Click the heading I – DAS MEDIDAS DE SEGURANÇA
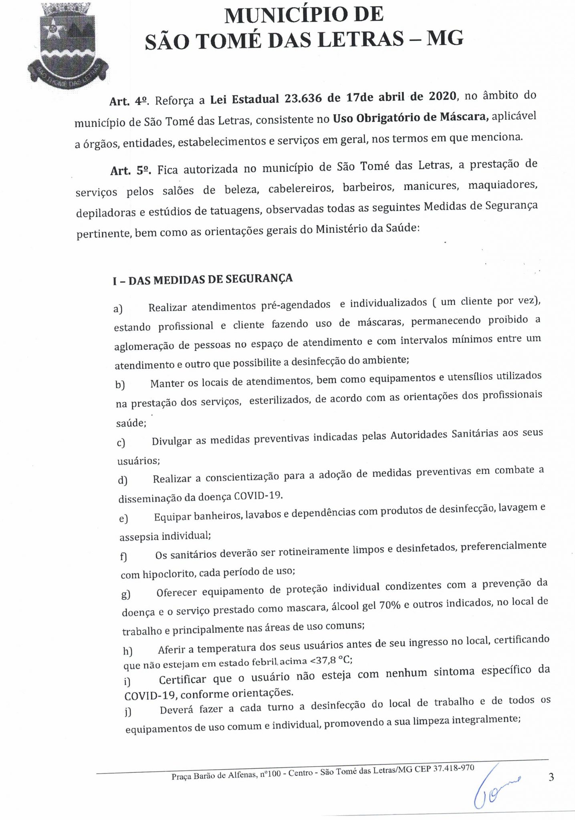(x=203, y=279)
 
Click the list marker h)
(x=128, y=651)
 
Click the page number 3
(x=551, y=777)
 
